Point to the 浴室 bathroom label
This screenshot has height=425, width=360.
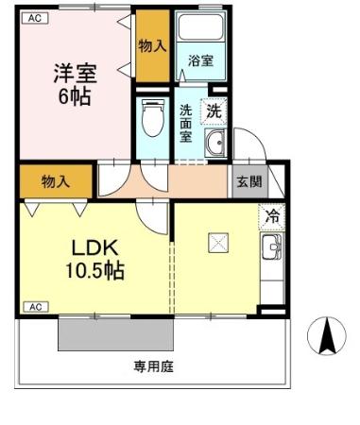[x=200, y=61]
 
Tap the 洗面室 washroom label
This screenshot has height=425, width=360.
[x=186, y=122]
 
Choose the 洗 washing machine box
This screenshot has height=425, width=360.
[x=214, y=110]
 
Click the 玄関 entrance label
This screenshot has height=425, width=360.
[x=248, y=181]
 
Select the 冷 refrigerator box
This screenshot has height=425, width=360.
[x=271, y=216]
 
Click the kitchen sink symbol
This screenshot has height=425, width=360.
[x=272, y=250]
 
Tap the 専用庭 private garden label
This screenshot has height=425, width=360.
[x=153, y=365]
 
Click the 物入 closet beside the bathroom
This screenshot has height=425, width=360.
[x=151, y=44]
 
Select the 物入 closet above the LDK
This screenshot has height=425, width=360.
[x=55, y=180]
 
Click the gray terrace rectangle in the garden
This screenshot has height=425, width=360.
[x=116, y=333]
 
